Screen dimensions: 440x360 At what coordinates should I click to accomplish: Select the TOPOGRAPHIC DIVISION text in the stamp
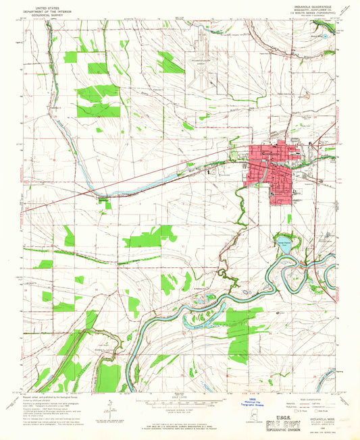310,429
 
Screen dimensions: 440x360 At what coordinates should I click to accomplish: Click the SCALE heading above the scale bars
179,397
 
